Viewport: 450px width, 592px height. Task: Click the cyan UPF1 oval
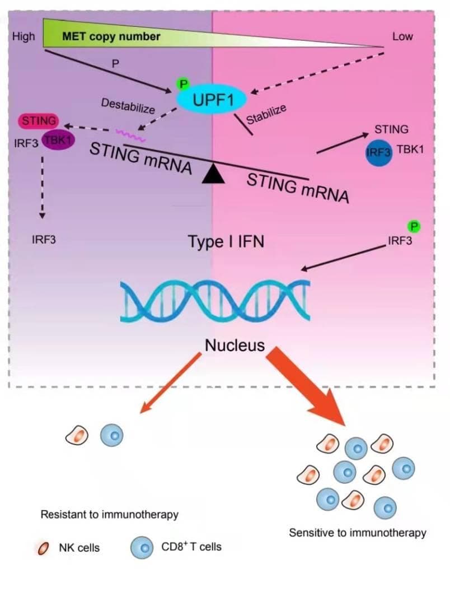(212, 99)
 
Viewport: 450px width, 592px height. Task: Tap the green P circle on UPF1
(183, 84)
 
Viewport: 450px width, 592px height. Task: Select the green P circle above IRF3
(414, 226)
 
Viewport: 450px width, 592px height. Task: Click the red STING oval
(39, 121)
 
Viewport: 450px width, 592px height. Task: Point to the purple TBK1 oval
(58, 140)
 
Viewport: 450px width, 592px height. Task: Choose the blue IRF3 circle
(379, 153)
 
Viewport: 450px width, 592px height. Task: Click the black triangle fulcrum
(213, 174)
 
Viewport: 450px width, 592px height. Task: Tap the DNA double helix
(215, 301)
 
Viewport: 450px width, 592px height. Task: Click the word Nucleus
(235, 345)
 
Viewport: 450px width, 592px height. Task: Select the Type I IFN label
(226, 241)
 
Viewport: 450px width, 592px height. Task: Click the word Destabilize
(128, 106)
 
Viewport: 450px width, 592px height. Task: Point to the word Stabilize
(266, 114)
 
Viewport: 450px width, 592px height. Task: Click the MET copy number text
(111, 36)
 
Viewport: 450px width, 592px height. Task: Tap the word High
(24, 36)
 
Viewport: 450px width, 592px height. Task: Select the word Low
(402, 36)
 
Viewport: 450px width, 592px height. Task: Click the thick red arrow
(306, 386)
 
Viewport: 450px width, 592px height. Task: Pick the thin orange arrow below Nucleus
(171, 383)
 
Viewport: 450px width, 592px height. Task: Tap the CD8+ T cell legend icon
(142, 547)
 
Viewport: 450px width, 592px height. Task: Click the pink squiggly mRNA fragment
(130, 136)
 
